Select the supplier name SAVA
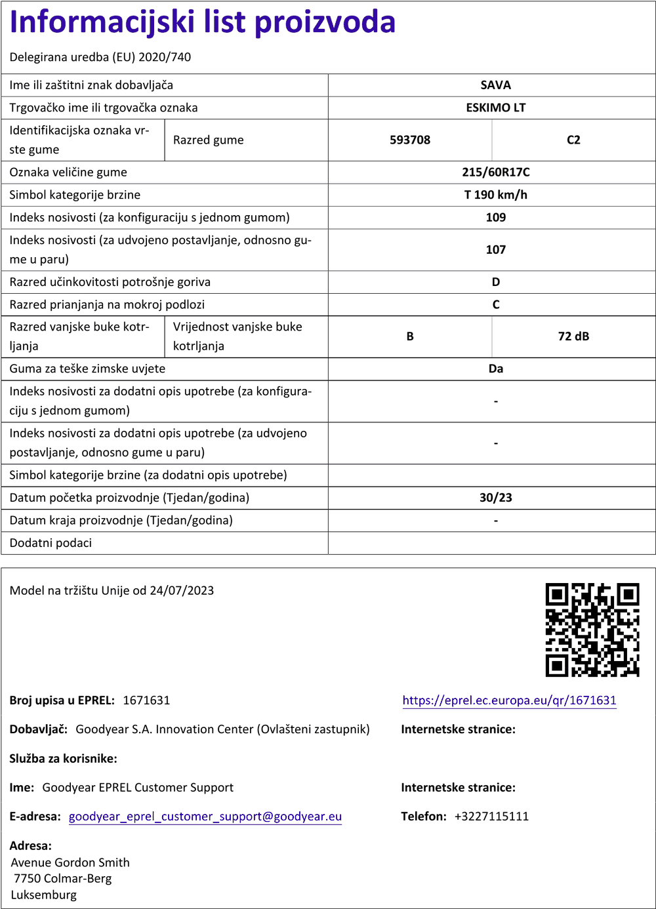[495, 85]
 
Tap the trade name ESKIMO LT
[495, 108]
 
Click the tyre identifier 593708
[410, 140]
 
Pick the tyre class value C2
[573, 140]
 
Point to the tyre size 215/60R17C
[495, 172]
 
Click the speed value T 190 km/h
[495, 195]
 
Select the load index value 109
[495, 218]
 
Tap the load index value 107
[495, 250]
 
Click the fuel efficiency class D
[495, 282]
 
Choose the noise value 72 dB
[573, 336]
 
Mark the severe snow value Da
[495, 369]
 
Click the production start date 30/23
[495, 498]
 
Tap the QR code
[592, 630]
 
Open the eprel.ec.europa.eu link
[509, 700]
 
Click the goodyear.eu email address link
[205, 817]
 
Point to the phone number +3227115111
[491, 817]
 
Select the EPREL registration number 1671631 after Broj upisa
[146, 700]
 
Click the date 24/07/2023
[182, 590]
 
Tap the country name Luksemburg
[44, 895]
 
